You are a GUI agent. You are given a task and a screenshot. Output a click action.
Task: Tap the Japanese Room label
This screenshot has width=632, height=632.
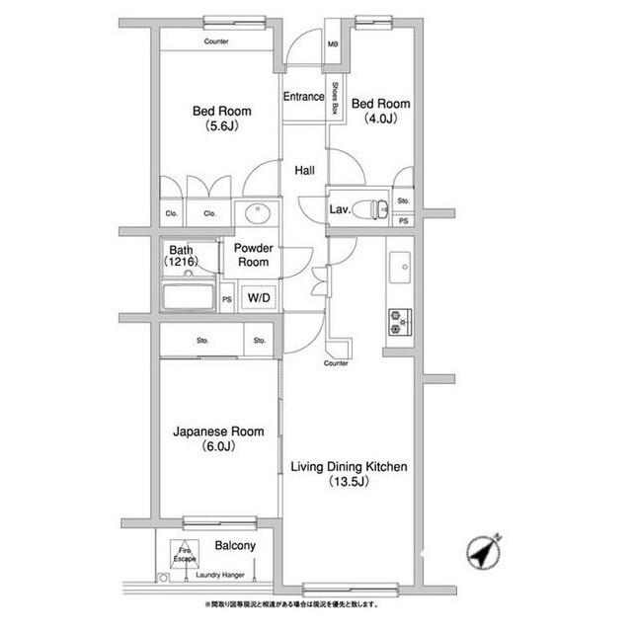pyautogui.click(x=218, y=438)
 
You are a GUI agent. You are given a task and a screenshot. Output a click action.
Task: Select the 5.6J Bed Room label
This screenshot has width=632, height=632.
pyautogui.click(x=221, y=118)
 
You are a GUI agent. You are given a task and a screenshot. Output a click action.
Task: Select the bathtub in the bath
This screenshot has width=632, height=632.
pyautogui.click(x=189, y=297)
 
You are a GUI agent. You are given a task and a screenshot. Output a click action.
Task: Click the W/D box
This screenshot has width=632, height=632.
pyautogui.click(x=260, y=296)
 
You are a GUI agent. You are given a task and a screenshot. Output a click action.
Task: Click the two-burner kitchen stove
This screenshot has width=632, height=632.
pyautogui.click(x=401, y=321)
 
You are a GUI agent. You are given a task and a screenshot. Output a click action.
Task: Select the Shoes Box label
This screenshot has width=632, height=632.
pyautogui.click(x=336, y=98)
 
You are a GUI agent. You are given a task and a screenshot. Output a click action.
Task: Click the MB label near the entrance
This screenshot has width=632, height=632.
pyautogui.click(x=334, y=44)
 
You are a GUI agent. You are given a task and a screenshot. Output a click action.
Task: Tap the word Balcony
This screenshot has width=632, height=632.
pyautogui.click(x=235, y=546)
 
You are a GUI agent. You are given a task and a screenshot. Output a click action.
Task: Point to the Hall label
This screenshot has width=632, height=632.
pyautogui.click(x=305, y=170)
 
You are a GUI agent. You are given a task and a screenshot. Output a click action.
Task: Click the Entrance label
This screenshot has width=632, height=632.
pyautogui.click(x=304, y=97)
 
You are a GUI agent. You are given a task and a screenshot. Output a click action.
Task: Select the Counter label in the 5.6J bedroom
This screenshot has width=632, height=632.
pyautogui.click(x=217, y=41)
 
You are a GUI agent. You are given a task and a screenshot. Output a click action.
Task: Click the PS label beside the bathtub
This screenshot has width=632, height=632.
pyautogui.click(x=226, y=299)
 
